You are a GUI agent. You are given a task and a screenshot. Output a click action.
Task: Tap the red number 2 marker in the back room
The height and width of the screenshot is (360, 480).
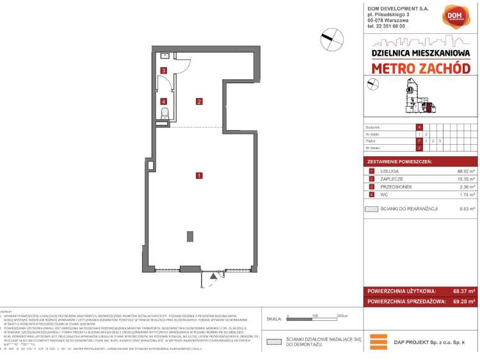[200, 101]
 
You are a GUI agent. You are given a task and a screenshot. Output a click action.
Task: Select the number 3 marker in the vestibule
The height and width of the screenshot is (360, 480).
[164, 70]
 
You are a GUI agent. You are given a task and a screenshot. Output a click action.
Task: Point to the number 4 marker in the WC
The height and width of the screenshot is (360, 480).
[164, 101]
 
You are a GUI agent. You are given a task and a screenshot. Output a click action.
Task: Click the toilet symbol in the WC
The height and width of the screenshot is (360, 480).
[164, 114]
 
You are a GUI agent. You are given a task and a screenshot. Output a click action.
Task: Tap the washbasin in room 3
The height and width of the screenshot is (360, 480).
[164, 56]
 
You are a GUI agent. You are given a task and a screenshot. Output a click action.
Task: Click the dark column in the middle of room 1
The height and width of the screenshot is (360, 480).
[190, 237]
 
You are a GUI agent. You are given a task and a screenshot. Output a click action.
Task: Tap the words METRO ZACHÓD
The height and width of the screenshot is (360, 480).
[420, 68]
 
